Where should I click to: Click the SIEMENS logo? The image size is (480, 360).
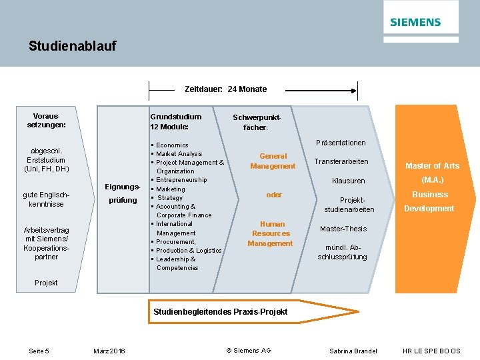point(415,22)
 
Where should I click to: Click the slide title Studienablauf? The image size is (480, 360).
point(72,46)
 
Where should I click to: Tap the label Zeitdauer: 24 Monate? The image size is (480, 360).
point(225,89)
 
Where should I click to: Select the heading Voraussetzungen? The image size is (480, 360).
point(46,119)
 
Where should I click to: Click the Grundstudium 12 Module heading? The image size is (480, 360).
point(175,121)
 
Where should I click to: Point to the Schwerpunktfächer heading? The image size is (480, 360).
point(256,122)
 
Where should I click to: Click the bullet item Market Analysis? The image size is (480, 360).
point(179,154)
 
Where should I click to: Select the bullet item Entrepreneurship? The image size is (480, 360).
point(181,180)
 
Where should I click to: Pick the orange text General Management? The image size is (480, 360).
point(273,161)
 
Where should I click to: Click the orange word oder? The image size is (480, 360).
point(274,195)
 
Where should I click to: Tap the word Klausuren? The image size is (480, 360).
point(348,181)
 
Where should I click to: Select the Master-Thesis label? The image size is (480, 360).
point(343,229)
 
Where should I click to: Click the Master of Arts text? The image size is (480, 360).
point(432,165)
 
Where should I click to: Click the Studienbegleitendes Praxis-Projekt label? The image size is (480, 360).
point(220,312)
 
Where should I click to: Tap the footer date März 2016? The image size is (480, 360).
point(109,351)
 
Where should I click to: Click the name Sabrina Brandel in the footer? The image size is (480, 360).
point(353,351)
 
